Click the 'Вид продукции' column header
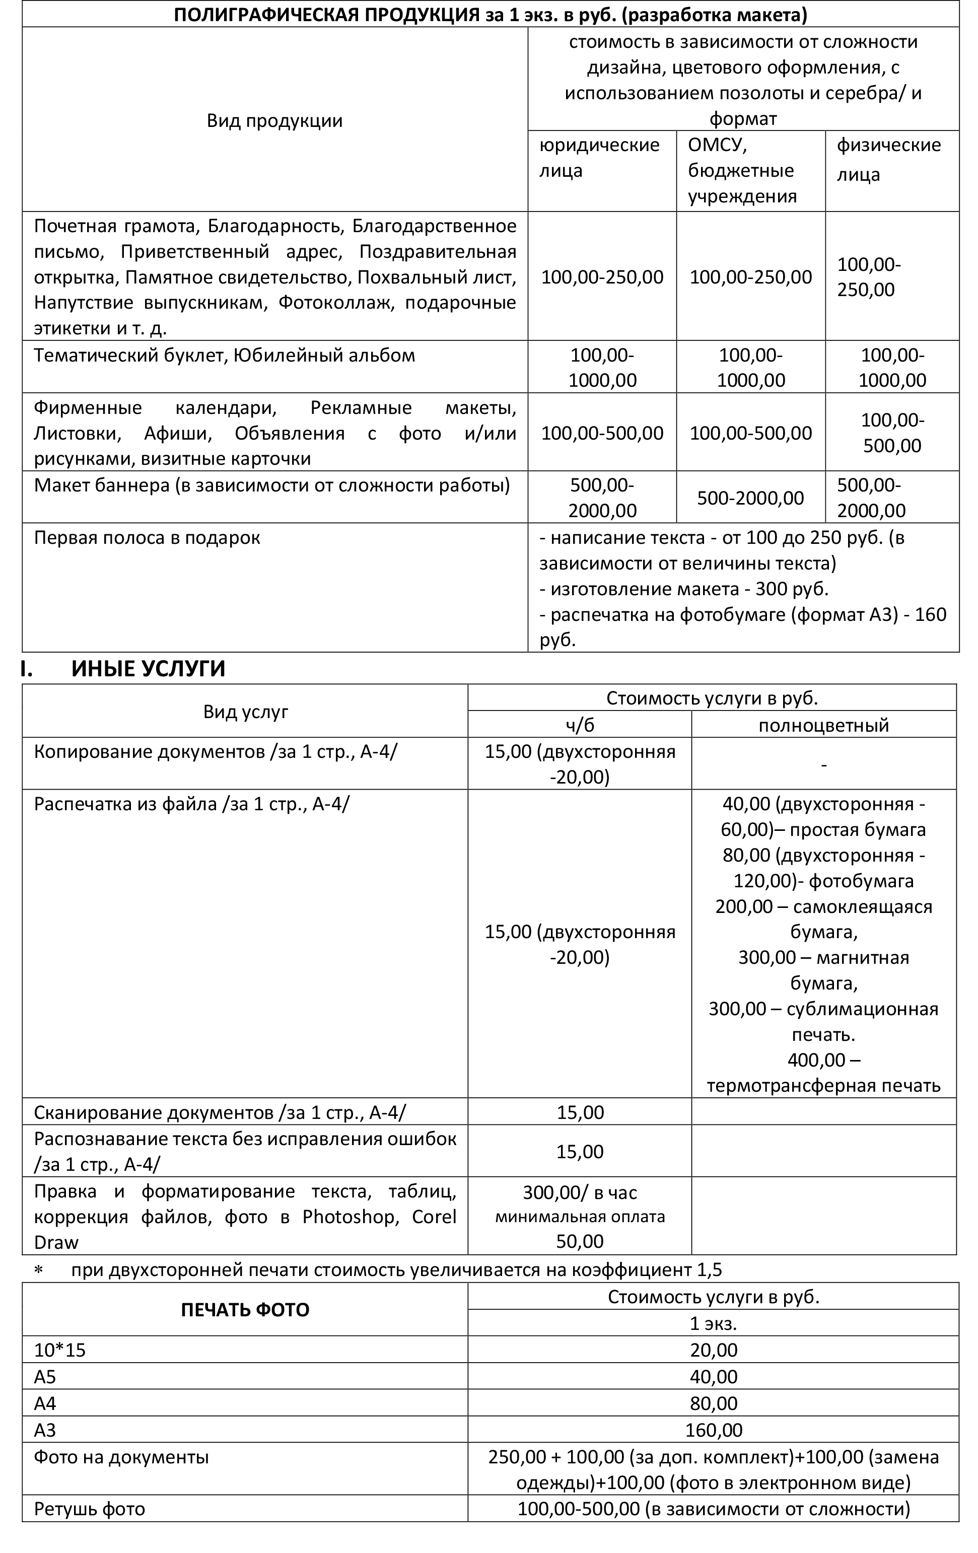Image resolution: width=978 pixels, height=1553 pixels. click(x=274, y=120)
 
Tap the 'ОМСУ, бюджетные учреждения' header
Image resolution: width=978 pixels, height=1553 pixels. click(x=742, y=170)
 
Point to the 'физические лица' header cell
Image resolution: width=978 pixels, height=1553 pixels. click(x=888, y=159)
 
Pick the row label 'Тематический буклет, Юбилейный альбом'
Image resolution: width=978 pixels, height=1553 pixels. click(x=225, y=356)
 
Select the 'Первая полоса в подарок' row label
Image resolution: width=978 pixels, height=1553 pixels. click(x=147, y=538)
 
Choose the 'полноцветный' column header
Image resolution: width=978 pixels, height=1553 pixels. click(x=823, y=725)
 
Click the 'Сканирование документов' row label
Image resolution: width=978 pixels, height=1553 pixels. click(x=220, y=1112)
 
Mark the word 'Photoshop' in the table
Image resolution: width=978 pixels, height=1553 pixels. click(x=348, y=1216)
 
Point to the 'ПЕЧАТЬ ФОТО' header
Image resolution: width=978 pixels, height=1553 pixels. click(x=245, y=1310)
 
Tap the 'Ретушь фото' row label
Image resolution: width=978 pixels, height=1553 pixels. click(x=89, y=1509)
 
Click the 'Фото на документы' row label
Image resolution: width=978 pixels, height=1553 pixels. click(x=121, y=1457)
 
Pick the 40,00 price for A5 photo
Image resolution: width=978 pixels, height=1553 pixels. click(x=713, y=1377)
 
